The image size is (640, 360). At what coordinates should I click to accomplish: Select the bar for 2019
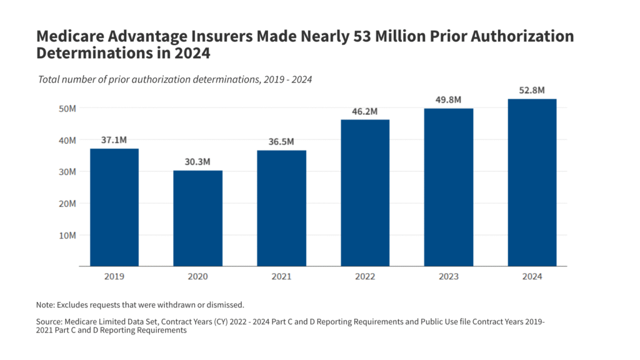tap(114, 207)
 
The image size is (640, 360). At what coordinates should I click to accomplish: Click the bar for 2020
tap(197, 218)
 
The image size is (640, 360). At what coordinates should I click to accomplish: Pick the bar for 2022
tap(365, 193)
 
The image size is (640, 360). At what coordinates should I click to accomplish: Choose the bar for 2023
tap(449, 187)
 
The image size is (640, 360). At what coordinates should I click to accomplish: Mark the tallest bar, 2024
tap(532, 182)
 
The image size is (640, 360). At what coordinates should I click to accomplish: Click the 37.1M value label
tap(114, 140)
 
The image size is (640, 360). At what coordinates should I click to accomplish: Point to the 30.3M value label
tap(197, 162)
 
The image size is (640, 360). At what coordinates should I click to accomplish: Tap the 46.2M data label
tap(365, 111)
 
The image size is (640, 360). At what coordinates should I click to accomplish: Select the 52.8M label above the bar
tap(532, 91)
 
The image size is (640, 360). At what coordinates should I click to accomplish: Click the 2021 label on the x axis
tap(281, 276)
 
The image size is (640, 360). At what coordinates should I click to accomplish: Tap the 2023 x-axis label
tap(449, 276)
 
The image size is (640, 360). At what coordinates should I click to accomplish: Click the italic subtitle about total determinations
tap(175, 79)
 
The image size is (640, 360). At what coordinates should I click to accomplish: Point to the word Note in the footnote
tap(45, 304)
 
